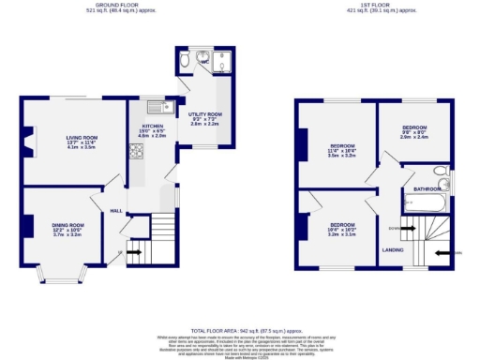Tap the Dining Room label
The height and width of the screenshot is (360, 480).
tap(68, 225)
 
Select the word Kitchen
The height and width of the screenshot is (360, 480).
tap(153, 124)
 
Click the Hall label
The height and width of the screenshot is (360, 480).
tap(116, 211)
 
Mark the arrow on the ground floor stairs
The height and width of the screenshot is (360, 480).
tap(135, 251)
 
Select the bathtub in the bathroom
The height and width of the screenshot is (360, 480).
tap(427, 202)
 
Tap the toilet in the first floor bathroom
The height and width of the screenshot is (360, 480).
tap(441, 172)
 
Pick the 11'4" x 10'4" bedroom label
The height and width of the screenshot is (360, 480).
tap(341, 146)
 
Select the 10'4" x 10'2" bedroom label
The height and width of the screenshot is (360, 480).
tap(340, 225)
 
